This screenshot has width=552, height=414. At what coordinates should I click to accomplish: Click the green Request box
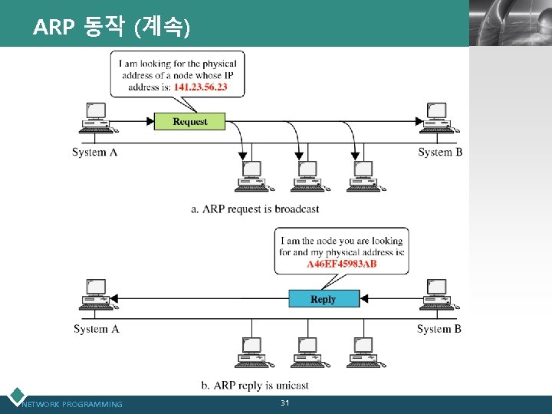(190, 121)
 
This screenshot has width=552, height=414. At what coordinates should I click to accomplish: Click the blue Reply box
(324, 299)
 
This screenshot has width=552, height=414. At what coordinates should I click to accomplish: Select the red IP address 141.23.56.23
(200, 87)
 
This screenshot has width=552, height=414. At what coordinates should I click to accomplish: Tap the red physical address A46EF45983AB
(342, 264)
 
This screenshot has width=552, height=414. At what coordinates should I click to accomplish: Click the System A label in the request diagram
(94, 152)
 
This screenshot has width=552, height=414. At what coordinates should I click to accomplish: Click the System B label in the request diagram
(440, 152)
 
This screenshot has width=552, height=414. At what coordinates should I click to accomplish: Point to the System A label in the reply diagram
(96, 329)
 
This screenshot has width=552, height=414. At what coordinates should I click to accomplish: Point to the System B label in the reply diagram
(439, 329)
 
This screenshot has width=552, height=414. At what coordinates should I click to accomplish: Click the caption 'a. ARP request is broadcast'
(255, 209)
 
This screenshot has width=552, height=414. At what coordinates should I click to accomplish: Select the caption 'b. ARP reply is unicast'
(255, 386)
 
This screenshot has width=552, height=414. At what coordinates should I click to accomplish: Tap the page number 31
(284, 403)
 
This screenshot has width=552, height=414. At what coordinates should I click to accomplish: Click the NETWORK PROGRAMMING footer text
(73, 404)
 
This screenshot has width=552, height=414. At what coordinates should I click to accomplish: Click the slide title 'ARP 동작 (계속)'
(111, 28)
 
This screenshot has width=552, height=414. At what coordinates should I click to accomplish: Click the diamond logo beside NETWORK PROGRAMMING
(15, 396)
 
